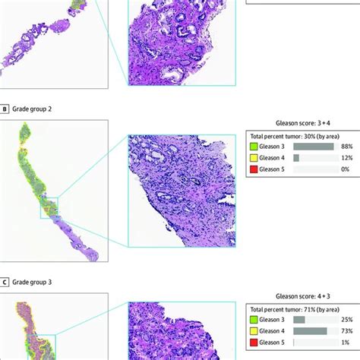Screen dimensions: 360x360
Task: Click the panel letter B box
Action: tap(6, 109)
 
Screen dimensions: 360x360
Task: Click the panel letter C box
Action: tap(6, 283)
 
